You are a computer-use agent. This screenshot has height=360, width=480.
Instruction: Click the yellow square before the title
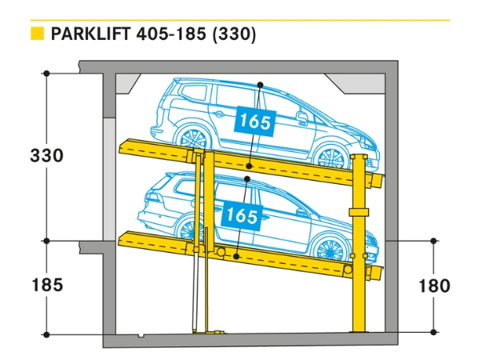click(x=35, y=34)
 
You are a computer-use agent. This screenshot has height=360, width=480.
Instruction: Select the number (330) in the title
click(x=234, y=34)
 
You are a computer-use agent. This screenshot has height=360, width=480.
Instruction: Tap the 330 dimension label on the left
click(x=46, y=154)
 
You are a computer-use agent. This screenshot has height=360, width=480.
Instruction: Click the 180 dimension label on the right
click(x=434, y=286)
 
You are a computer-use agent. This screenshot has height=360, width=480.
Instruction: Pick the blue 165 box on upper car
click(x=254, y=122)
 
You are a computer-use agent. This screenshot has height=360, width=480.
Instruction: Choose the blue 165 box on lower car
click(x=240, y=214)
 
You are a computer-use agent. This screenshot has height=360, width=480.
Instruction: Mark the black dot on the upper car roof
click(x=260, y=85)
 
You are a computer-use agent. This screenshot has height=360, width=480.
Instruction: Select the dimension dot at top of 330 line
click(x=47, y=74)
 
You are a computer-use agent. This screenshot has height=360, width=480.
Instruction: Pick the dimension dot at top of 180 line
click(x=434, y=240)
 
